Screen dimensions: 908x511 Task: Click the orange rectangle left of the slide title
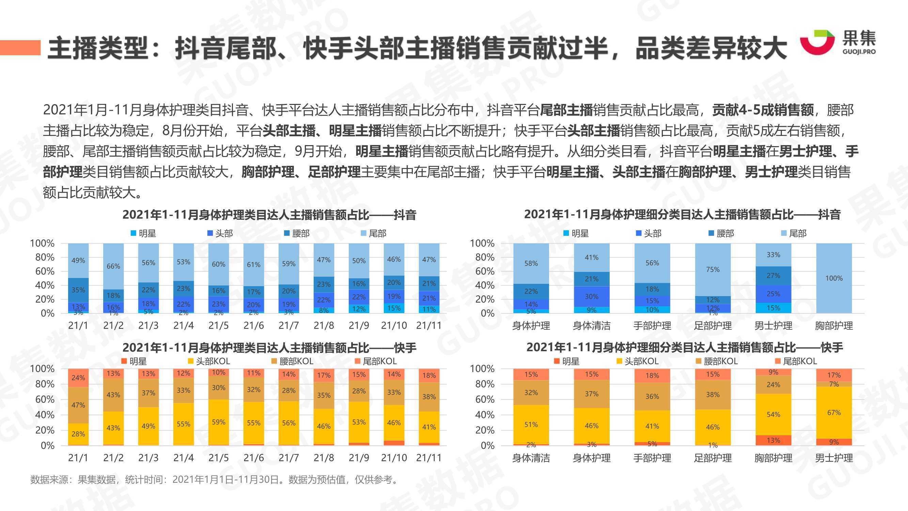coord(20,48)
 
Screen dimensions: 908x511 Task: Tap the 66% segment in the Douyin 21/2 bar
coord(113,266)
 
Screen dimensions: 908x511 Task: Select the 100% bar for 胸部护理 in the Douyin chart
coord(834,278)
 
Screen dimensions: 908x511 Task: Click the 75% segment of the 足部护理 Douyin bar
coord(713,269)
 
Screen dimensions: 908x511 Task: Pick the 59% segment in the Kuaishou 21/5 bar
coord(219,422)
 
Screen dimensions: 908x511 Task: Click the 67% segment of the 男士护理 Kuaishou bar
coord(834,413)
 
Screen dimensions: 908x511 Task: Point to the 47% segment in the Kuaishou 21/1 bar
coord(78,405)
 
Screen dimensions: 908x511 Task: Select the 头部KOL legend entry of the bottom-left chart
coord(209,361)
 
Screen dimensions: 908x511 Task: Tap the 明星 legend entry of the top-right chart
coord(576,233)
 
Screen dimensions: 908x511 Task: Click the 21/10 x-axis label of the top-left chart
coord(394,325)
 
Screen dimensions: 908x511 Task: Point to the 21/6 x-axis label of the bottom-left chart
coord(253,458)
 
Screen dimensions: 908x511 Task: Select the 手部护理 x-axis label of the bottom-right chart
coord(652,458)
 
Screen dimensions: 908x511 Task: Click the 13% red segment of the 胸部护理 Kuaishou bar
coord(773,440)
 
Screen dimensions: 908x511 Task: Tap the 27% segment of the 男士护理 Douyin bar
coord(773,275)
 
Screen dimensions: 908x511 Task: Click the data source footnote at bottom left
coord(215,480)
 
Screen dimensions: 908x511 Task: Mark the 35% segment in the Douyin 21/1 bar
coord(78,290)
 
